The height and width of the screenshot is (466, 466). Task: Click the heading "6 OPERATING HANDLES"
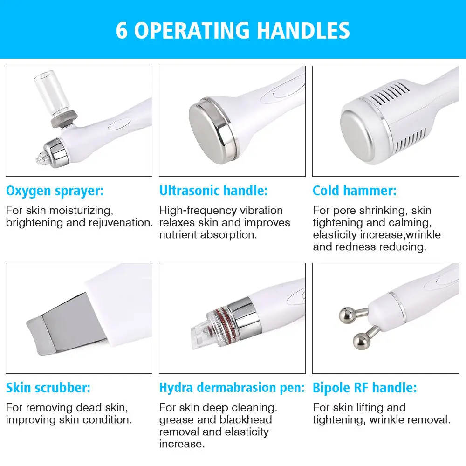click(x=233, y=30)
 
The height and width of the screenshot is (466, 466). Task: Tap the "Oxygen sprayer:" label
click(x=55, y=191)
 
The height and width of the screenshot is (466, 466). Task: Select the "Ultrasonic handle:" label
click(x=213, y=191)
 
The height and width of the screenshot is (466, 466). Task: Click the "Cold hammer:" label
click(x=354, y=191)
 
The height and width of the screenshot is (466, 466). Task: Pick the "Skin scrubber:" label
click(x=48, y=388)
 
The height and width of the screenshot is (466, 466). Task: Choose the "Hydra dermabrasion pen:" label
click(x=232, y=388)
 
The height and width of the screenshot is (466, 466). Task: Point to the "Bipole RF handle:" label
click(x=364, y=388)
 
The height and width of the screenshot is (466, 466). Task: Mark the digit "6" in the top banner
click(x=122, y=30)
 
